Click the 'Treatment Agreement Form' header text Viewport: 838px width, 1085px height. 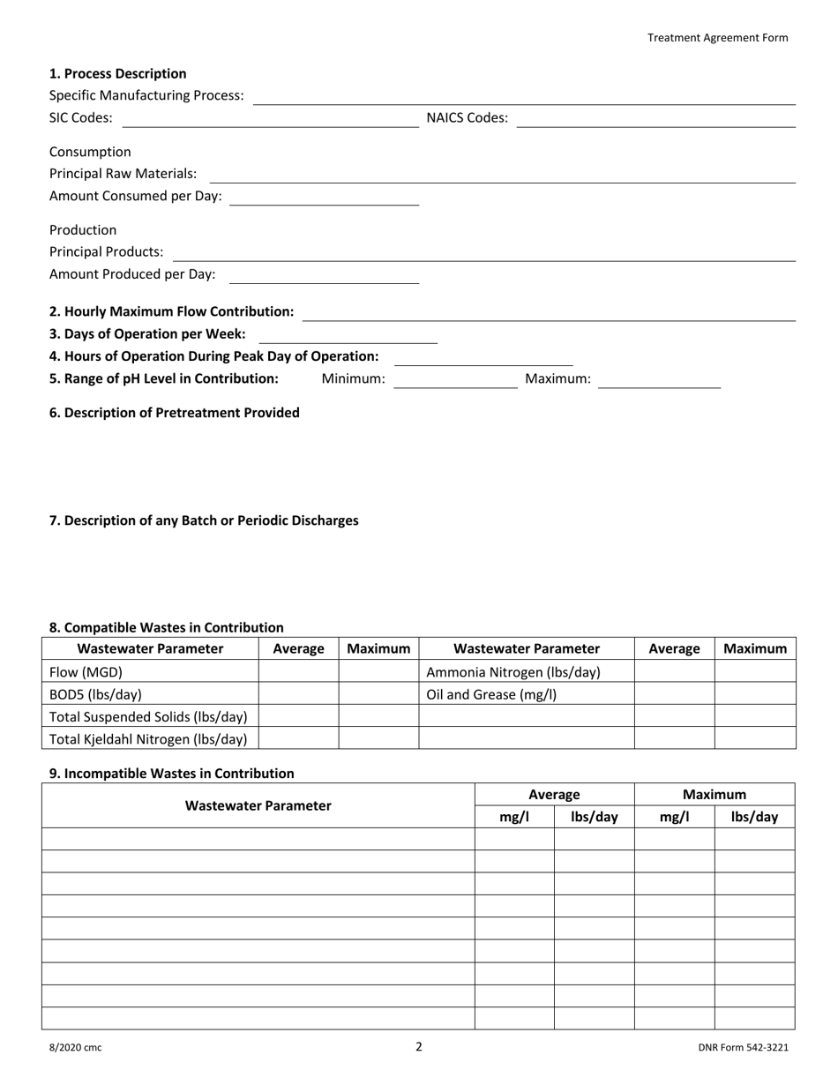click(717, 37)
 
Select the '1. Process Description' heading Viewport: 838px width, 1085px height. click(117, 73)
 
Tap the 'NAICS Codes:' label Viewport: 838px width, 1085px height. click(467, 117)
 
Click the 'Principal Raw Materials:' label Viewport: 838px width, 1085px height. click(123, 174)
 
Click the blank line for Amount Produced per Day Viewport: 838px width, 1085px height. click(324, 276)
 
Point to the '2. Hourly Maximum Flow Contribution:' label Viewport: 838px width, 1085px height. click(171, 311)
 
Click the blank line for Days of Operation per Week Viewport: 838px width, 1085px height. click(348, 336)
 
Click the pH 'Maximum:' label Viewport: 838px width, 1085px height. click(557, 378)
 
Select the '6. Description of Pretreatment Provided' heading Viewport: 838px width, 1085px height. click(174, 412)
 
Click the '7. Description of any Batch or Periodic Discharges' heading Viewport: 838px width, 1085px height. click(204, 520)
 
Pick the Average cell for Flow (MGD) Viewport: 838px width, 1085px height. click(298, 672)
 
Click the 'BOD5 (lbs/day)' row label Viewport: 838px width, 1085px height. click(95, 694)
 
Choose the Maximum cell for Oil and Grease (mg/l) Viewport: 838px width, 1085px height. click(754, 694)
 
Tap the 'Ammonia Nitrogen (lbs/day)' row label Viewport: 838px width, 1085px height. click(513, 672)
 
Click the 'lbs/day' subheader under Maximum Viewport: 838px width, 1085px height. click(754, 817)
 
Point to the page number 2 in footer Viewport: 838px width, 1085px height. click(419, 1047)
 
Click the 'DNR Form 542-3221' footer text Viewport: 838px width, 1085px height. click(743, 1048)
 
